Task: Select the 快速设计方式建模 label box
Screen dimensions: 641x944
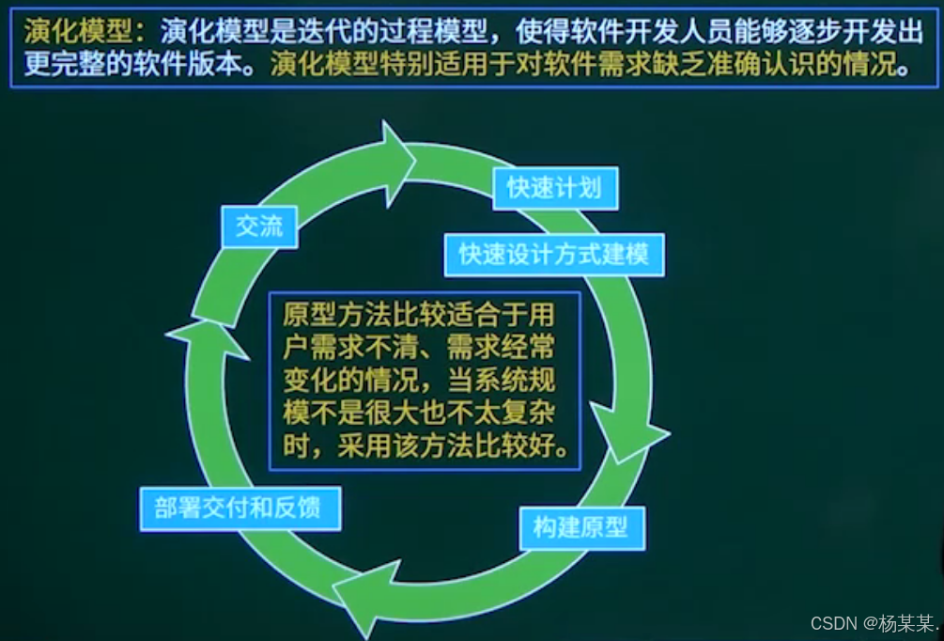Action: pos(553,255)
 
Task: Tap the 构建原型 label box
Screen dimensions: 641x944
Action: pos(581,528)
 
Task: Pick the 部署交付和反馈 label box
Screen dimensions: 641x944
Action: pos(240,508)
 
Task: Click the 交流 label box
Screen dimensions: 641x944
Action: pos(259,227)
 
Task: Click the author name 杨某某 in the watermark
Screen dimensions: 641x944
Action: pos(907,623)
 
